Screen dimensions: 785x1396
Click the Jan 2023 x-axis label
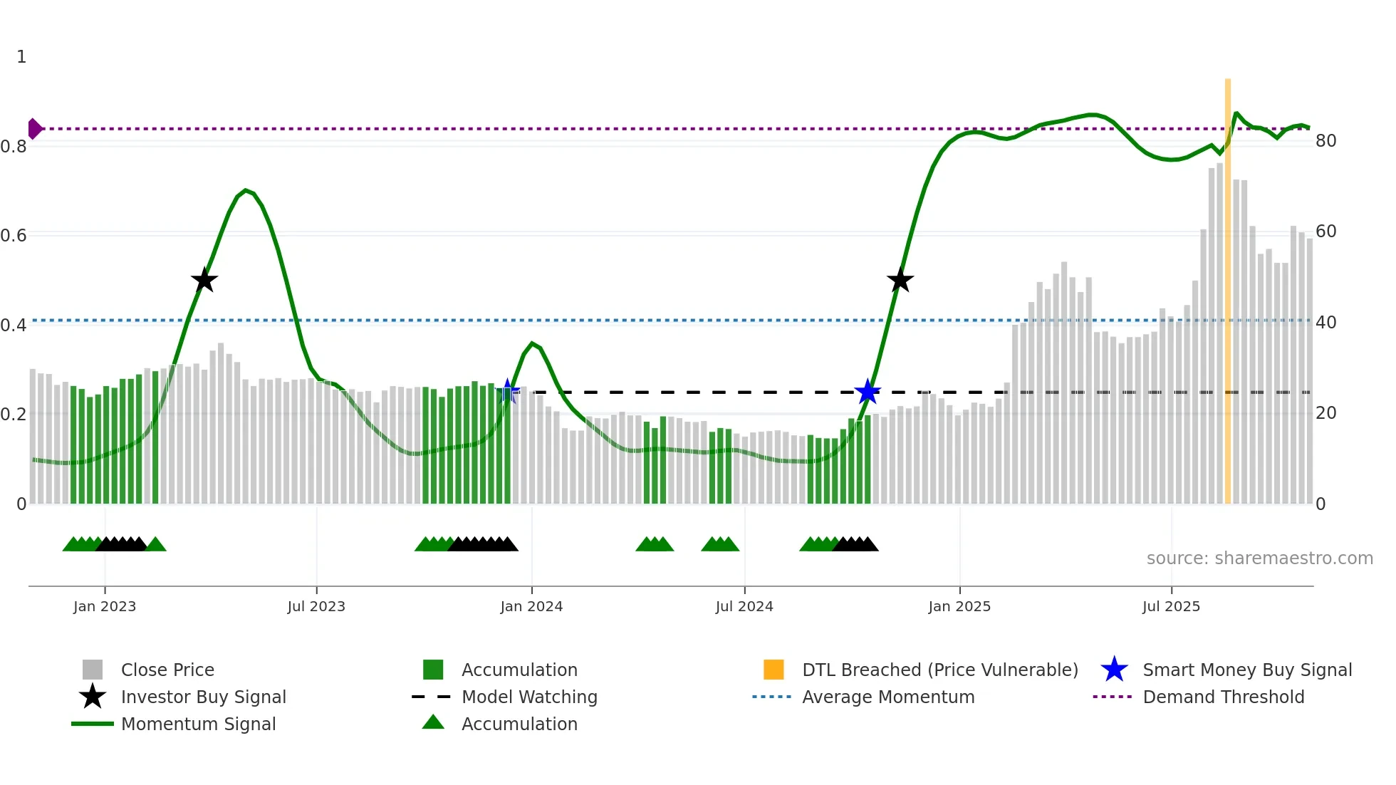(x=105, y=607)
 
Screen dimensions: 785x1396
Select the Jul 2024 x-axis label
(x=744, y=607)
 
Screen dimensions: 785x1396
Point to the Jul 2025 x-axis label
(x=1171, y=607)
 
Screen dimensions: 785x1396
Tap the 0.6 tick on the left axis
(x=14, y=235)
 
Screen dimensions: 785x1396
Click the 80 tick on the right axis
(x=1325, y=141)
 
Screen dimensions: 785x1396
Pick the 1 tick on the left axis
(x=21, y=57)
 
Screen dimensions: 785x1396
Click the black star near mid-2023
(x=204, y=280)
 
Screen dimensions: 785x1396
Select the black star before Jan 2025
(x=900, y=280)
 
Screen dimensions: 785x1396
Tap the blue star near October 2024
(x=868, y=392)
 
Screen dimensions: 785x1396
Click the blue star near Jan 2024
(x=508, y=391)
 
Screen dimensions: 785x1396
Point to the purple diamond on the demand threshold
(x=34, y=129)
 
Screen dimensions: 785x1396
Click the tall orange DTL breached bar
(x=1228, y=285)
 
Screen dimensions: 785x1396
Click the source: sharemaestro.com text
(x=1259, y=558)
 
